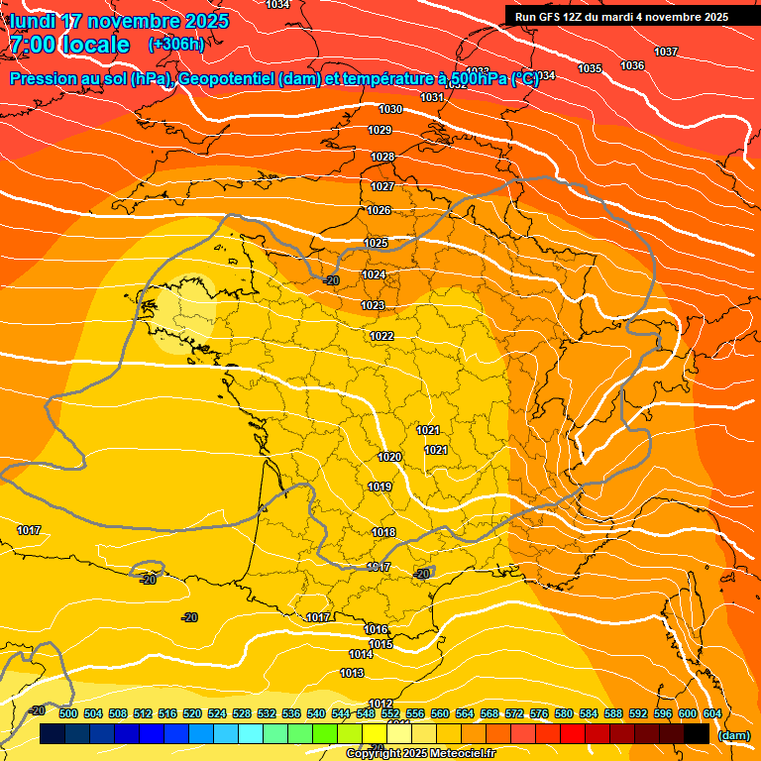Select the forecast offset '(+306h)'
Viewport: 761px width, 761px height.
pyautogui.click(x=176, y=45)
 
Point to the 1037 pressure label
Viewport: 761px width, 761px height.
pyautogui.click(x=666, y=52)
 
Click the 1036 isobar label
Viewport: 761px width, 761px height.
pyautogui.click(x=631, y=65)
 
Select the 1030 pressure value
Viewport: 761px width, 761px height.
pyautogui.click(x=390, y=109)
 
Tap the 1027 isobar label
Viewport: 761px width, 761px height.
pyautogui.click(x=382, y=186)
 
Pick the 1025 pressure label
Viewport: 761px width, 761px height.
pyautogui.click(x=376, y=243)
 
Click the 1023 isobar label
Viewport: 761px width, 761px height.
pyautogui.click(x=373, y=305)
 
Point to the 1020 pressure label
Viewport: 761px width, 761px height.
pyautogui.click(x=389, y=457)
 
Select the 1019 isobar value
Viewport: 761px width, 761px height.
pyautogui.click(x=380, y=487)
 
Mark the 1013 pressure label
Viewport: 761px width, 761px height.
pyautogui.click(x=352, y=673)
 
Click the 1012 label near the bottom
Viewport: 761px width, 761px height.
pyautogui.click(x=381, y=704)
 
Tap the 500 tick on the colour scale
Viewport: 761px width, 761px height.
pyautogui.click(x=68, y=713)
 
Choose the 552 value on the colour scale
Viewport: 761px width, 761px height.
pyautogui.click(x=390, y=713)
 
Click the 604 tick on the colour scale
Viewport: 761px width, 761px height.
pyautogui.click(x=712, y=713)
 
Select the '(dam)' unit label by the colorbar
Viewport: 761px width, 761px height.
pyautogui.click(x=734, y=735)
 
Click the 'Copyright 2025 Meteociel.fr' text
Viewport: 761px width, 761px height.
pyautogui.click(x=420, y=753)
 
